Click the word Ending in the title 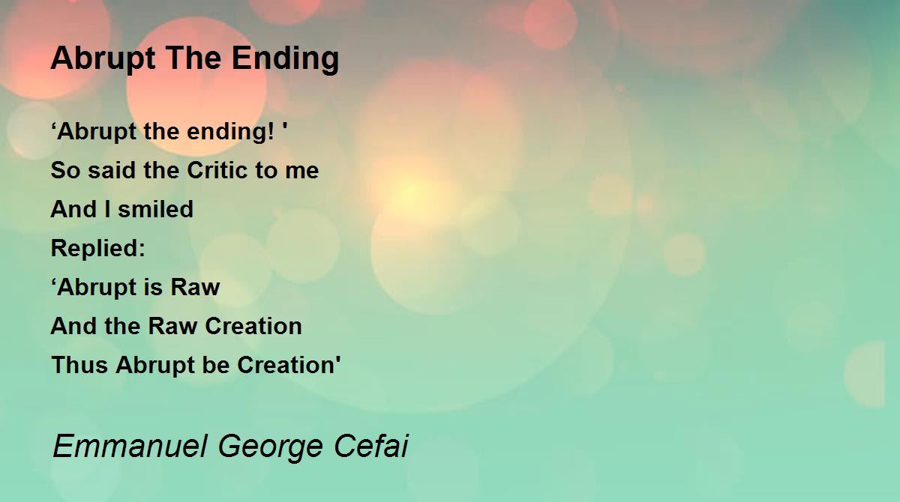(285, 59)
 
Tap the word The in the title (193, 58)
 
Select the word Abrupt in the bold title (103, 59)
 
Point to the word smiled (155, 209)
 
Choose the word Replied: (98, 248)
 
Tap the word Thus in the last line (79, 365)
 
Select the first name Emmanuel (130, 446)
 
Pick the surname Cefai (371, 445)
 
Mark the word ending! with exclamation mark (231, 132)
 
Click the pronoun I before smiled (107, 209)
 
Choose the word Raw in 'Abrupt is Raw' (195, 287)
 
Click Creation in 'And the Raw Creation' (253, 326)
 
